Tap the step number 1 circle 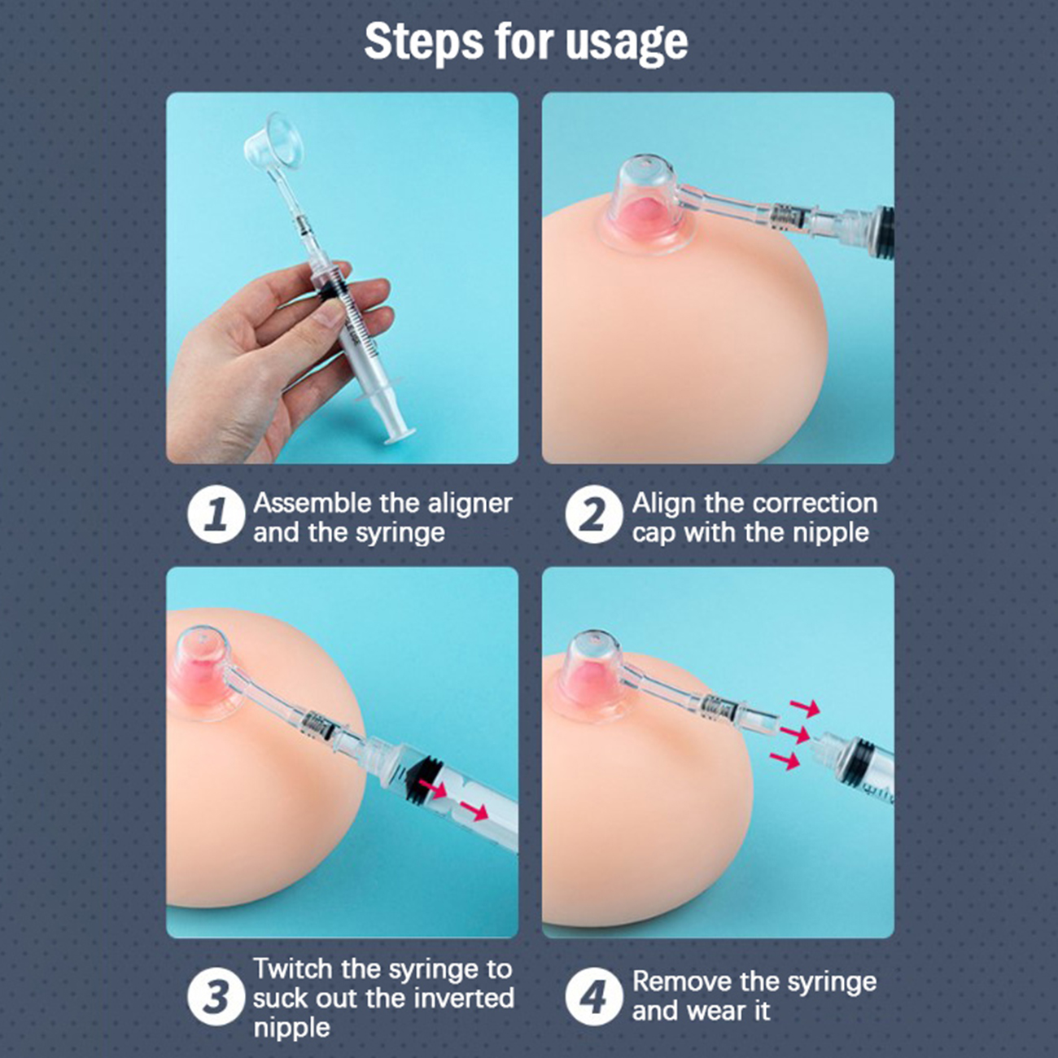[216, 516]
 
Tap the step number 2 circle [593, 515]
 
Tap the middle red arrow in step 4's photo [794, 733]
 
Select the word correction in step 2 [815, 504]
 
